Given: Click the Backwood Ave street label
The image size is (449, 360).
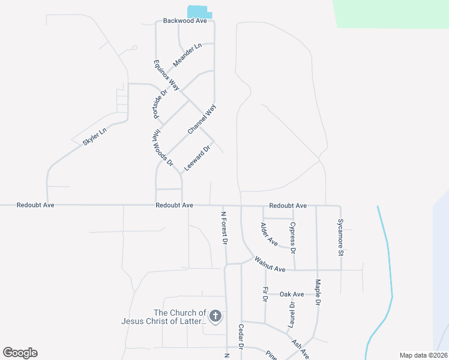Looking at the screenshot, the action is [x=185, y=20].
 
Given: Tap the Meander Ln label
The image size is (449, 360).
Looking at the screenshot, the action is [x=187, y=55].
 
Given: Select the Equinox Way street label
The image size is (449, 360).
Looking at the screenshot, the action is [x=166, y=75].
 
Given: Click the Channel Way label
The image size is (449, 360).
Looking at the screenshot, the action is [x=201, y=119].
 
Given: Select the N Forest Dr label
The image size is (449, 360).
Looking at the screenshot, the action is [x=225, y=227].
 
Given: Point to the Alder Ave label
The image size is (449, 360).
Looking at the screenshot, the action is [x=268, y=234].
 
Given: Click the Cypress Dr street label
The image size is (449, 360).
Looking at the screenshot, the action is [x=293, y=238].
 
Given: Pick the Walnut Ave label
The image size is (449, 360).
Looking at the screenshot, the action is [x=270, y=265].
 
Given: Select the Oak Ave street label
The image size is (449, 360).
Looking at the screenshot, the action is [x=292, y=294].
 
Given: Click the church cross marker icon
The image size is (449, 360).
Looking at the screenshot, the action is [x=215, y=316].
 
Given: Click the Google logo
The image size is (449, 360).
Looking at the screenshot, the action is [x=20, y=353].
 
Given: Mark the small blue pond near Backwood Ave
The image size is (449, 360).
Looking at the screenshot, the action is [x=199, y=12].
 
